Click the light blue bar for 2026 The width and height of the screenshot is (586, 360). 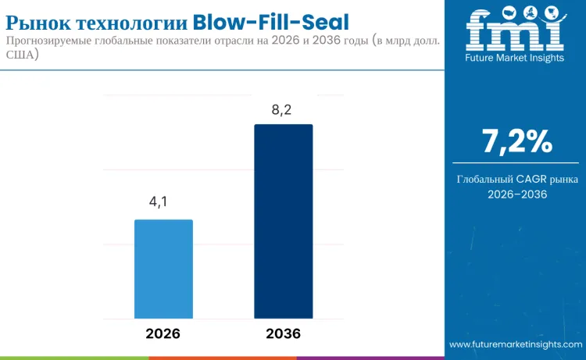click(163, 269)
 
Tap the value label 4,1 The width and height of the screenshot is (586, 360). click(159, 202)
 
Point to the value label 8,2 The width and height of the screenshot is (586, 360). click(281, 109)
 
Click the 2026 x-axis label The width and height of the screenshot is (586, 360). click(163, 333)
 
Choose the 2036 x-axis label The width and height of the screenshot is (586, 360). click(283, 333)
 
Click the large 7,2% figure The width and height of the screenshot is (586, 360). click(516, 142)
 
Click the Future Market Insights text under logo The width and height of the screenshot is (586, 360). click(514, 58)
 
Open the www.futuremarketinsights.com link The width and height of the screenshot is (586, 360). click(516, 344)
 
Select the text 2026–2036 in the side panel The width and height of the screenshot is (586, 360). click(516, 194)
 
